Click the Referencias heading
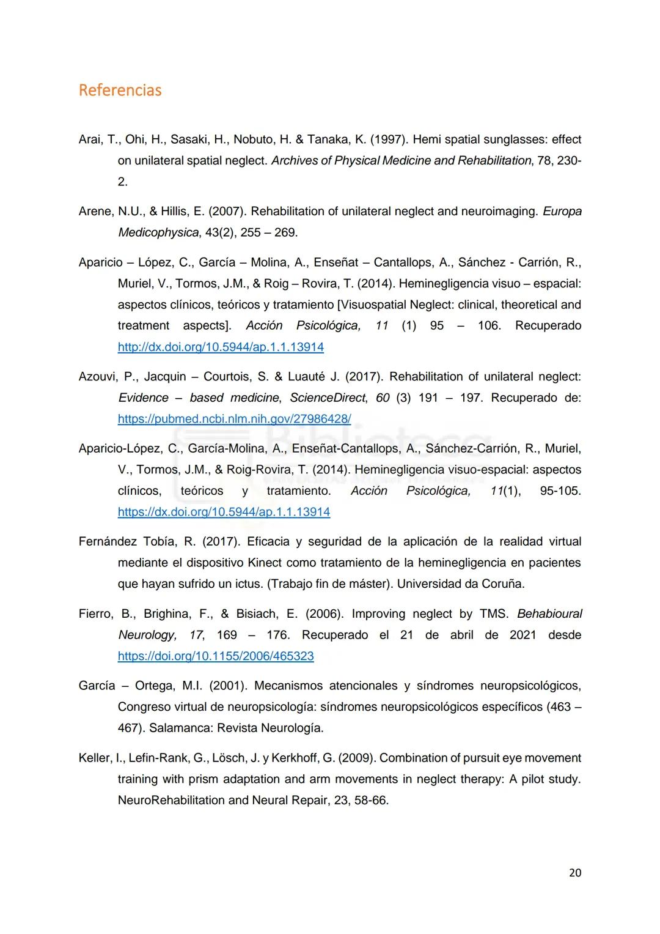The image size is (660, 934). [120, 91]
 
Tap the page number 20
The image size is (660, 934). [574, 873]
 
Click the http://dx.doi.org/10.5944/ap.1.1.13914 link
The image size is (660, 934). [221, 347]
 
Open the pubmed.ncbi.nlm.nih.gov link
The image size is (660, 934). [234, 419]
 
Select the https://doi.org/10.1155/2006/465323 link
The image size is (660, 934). [216, 656]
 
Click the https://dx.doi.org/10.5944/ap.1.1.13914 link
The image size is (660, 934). [224, 512]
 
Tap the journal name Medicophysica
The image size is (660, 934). [158, 232]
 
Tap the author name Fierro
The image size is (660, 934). [95, 614]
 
